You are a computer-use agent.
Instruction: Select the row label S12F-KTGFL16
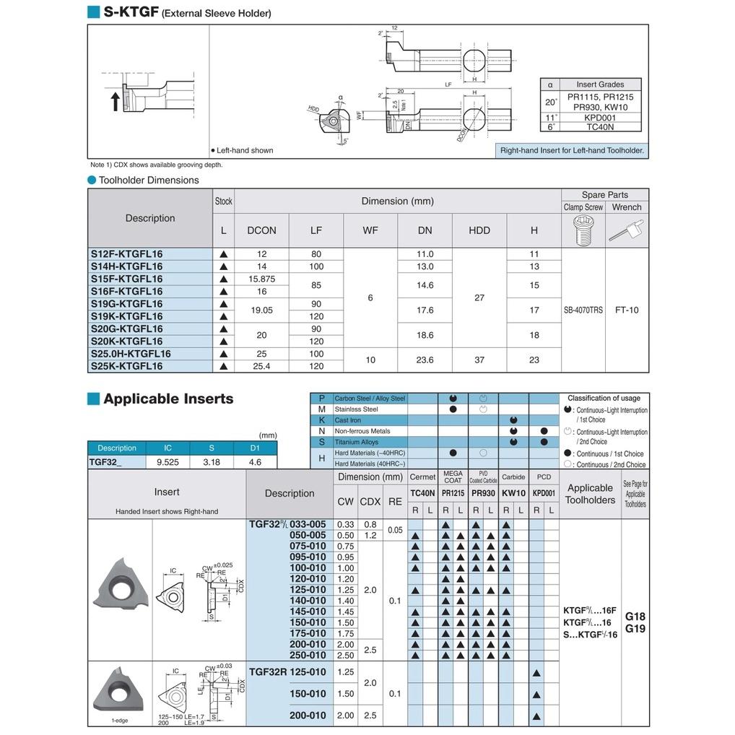click(x=127, y=254)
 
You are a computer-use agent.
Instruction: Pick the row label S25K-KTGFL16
click(x=127, y=366)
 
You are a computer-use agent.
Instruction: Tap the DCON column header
click(x=261, y=230)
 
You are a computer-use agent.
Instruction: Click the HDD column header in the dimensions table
click(x=479, y=230)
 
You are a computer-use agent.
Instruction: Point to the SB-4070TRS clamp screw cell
click(x=583, y=310)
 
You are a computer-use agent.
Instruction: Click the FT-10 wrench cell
click(x=627, y=310)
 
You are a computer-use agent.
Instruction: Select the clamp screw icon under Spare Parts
click(x=583, y=230)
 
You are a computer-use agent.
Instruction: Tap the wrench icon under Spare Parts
click(x=626, y=230)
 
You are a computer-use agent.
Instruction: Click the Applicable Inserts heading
click(x=168, y=399)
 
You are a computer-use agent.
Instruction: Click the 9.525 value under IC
click(x=168, y=461)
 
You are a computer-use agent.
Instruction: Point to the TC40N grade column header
click(x=422, y=493)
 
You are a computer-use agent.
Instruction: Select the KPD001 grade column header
click(x=544, y=493)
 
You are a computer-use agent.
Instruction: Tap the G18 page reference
click(x=635, y=617)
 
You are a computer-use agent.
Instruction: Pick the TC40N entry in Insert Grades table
click(x=600, y=126)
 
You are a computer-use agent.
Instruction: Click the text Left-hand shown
click(x=243, y=150)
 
